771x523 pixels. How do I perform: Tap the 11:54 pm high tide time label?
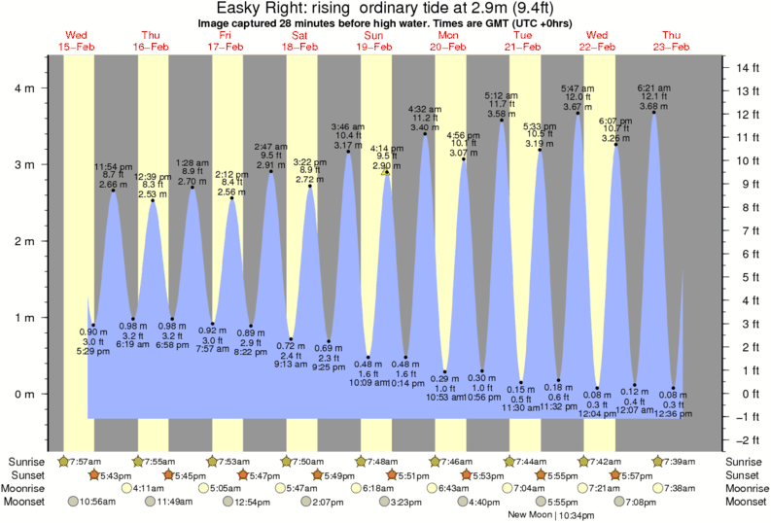click(x=113, y=166)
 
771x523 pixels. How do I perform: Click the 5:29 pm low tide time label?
click(x=93, y=350)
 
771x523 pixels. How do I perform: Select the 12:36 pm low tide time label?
click(x=673, y=413)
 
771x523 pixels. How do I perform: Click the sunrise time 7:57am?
click(x=83, y=461)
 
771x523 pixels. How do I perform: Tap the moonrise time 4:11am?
click(x=147, y=488)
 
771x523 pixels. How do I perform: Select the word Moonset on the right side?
click(x=745, y=502)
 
